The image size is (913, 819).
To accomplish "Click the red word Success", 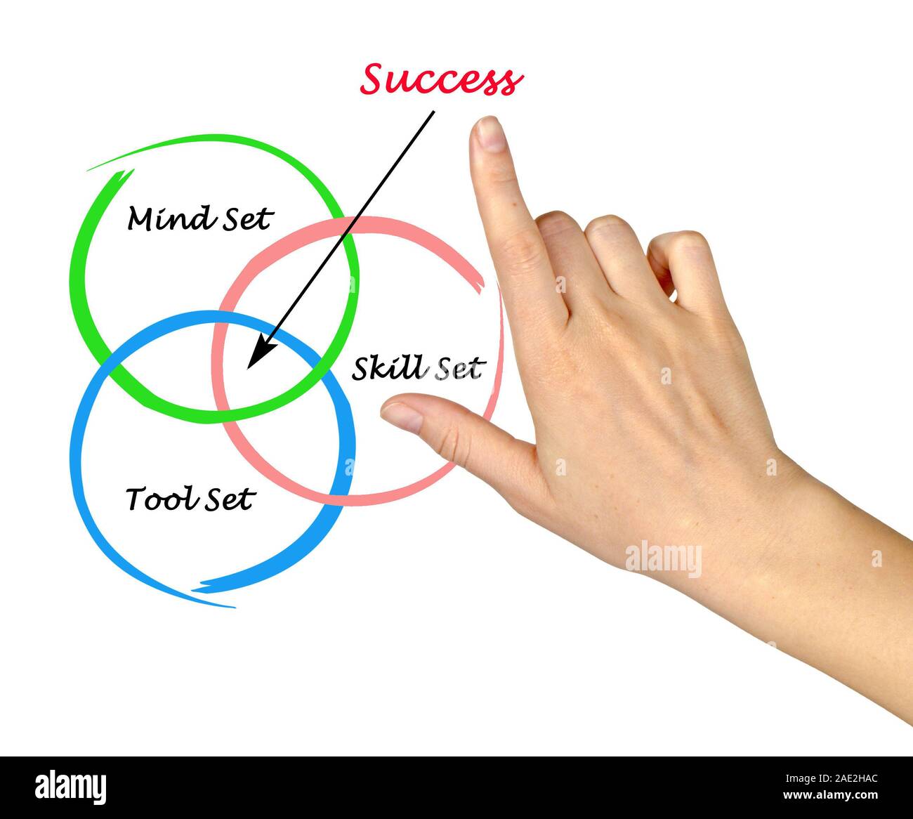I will [x=441, y=79].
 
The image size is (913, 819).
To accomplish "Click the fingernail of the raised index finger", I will [x=490, y=134].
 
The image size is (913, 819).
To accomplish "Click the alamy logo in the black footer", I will [x=71, y=786].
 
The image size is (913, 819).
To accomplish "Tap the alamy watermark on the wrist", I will [x=663, y=560].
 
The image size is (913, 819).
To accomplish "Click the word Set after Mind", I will [x=247, y=219].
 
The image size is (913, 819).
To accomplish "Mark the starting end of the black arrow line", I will [x=433, y=112].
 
